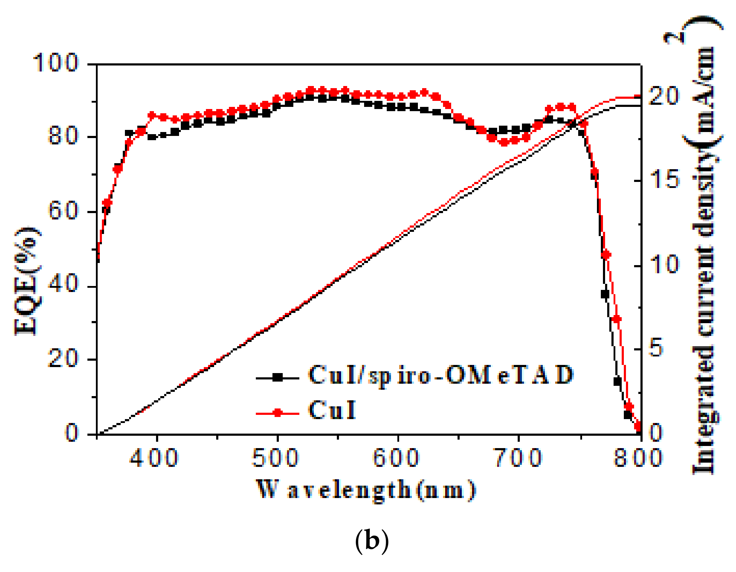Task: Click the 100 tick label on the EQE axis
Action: click(x=55, y=63)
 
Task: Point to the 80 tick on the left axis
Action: click(x=63, y=136)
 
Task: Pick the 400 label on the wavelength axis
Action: click(x=154, y=457)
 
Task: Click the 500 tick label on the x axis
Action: click(x=275, y=457)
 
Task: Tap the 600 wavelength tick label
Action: click(x=396, y=457)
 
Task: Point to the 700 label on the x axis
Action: click(x=518, y=457)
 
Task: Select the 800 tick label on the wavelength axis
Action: click(x=638, y=457)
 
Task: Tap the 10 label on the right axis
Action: click(x=665, y=264)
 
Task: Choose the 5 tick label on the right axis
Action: click(x=657, y=348)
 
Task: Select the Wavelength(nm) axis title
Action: click(x=366, y=490)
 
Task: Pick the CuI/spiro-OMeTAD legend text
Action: click(x=440, y=375)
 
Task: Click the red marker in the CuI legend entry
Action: click(x=278, y=413)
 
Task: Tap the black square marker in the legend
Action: click(x=278, y=378)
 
